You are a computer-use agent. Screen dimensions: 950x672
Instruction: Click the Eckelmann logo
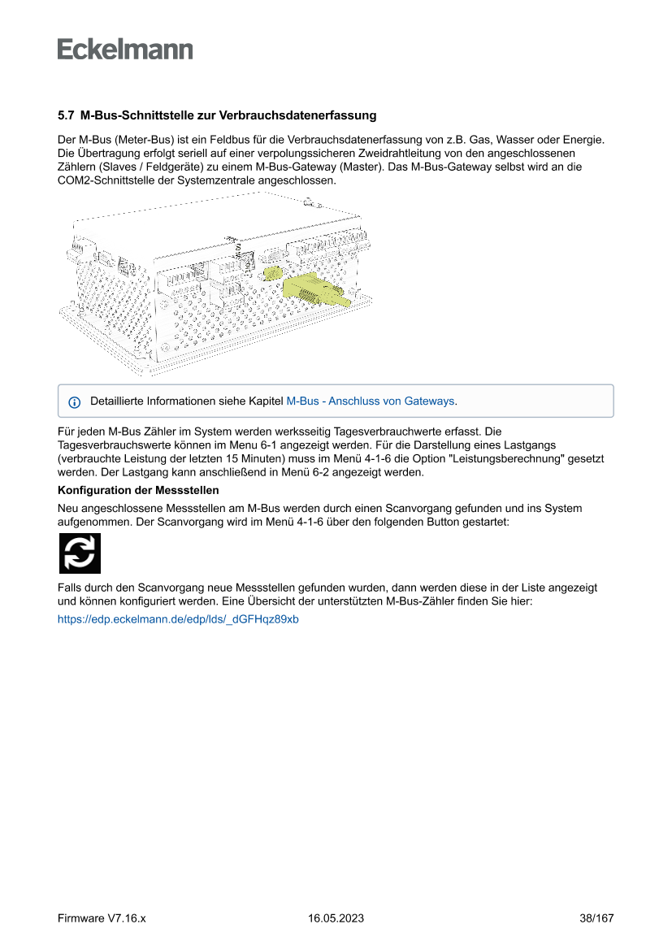[125, 49]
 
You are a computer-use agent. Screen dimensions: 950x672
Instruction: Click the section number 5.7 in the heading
[66, 116]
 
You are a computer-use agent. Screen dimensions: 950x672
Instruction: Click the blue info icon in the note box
[75, 402]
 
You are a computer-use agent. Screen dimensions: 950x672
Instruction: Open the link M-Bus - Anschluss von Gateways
[371, 401]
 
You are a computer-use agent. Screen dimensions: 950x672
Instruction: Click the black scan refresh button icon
[80, 553]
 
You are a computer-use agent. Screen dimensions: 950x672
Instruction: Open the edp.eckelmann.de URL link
[178, 619]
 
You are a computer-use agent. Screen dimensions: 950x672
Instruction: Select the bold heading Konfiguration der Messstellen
[138, 490]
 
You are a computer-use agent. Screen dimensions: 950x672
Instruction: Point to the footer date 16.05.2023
[336, 918]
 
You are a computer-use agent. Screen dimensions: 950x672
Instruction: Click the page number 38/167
[596, 918]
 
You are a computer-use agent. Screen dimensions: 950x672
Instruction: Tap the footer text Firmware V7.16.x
[102, 918]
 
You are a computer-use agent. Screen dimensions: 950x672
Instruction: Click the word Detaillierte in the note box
[119, 401]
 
